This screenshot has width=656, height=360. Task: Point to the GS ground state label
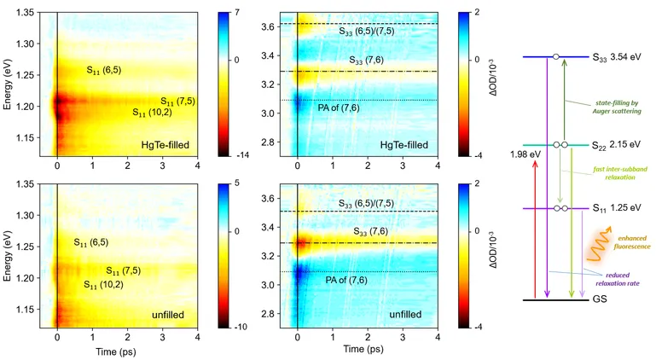click(600, 300)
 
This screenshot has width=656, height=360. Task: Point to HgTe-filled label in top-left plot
click(165, 145)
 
